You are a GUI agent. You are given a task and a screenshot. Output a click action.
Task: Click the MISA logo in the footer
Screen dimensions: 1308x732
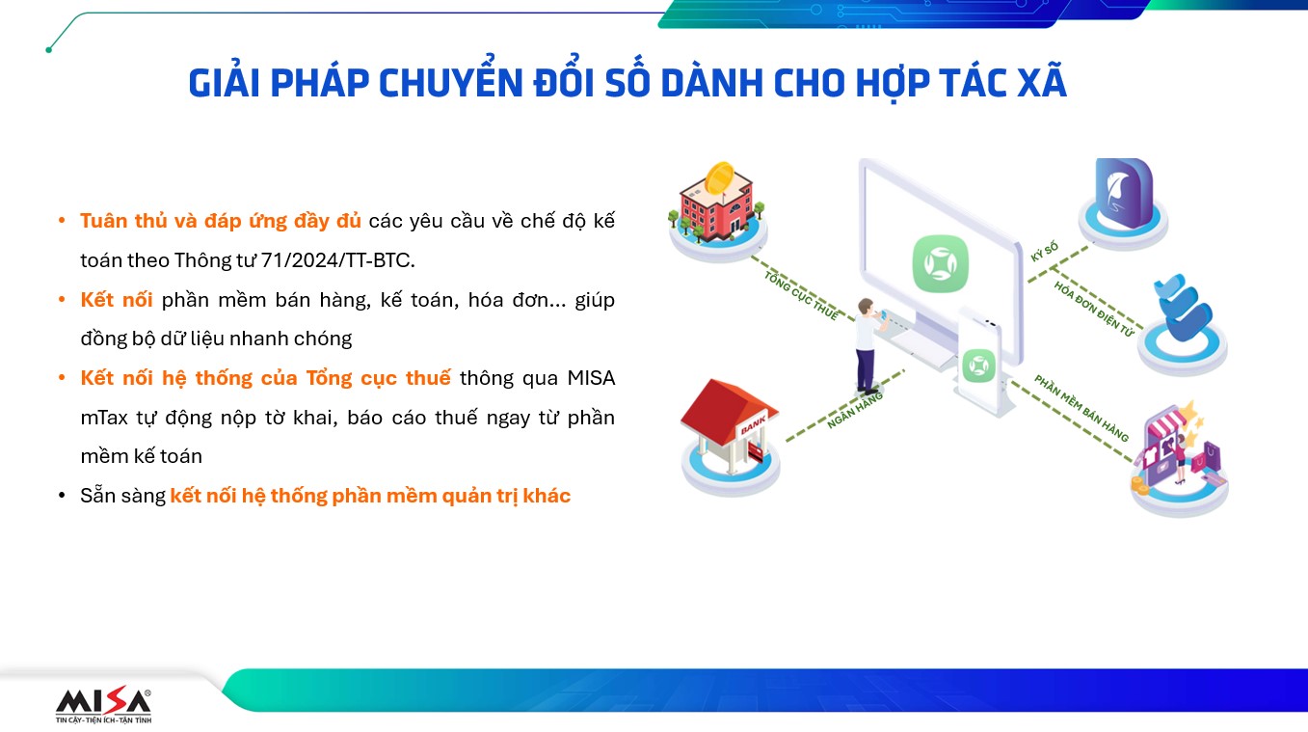(x=103, y=706)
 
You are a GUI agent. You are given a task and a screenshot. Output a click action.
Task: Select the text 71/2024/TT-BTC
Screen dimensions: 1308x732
(x=337, y=260)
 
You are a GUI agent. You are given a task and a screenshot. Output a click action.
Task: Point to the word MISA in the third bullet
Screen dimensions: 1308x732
(x=591, y=378)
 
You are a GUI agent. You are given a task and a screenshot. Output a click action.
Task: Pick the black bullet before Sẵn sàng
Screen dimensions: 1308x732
(x=62, y=496)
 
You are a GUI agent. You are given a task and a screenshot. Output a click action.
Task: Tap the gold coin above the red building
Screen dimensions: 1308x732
(x=719, y=177)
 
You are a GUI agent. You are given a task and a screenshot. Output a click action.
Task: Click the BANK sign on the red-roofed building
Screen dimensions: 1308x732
(x=753, y=424)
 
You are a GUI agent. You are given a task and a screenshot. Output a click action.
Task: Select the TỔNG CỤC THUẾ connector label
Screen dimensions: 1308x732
(x=801, y=296)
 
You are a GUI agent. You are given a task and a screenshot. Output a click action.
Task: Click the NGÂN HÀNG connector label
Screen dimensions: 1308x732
(x=854, y=410)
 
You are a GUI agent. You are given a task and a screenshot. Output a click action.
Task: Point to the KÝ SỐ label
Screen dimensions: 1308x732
(x=1044, y=253)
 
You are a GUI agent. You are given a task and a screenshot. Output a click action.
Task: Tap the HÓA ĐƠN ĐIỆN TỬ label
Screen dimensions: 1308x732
(x=1094, y=309)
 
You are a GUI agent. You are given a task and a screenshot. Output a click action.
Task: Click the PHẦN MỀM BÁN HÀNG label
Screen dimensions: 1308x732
(x=1081, y=408)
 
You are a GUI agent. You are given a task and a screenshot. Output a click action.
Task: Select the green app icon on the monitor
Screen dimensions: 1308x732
(x=940, y=263)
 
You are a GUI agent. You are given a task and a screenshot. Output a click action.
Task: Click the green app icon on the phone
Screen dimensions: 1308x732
(x=978, y=366)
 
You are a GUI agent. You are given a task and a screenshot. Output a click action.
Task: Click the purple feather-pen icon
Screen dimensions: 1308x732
(x=1124, y=194)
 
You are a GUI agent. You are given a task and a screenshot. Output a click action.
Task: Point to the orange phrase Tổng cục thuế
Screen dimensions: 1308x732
(x=379, y=378)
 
